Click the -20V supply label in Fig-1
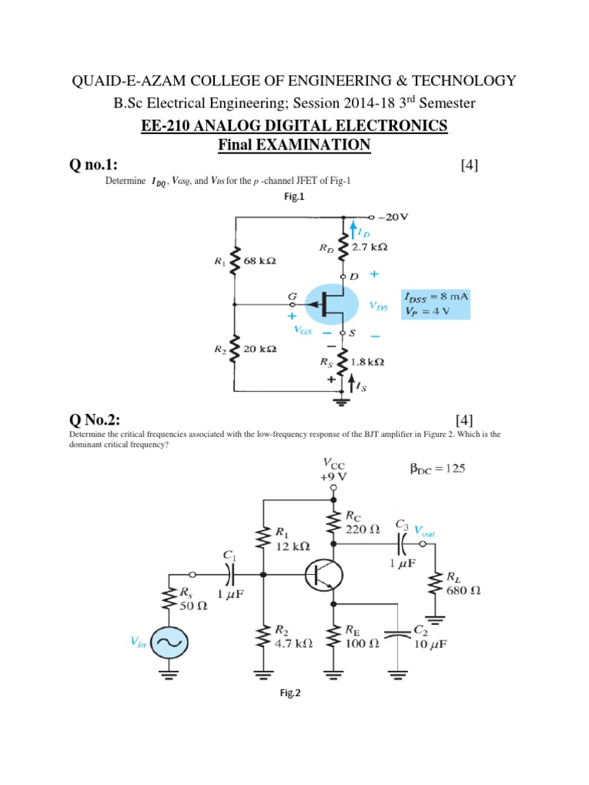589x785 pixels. click(x=397, y=216)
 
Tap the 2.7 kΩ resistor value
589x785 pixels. click(x=370, y=247)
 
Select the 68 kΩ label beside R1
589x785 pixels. click(x=259, y=261)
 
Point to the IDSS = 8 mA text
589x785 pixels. click(x=434, y=296)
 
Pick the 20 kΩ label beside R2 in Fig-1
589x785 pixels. click(x=258, y=349)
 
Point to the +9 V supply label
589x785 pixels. click(x=332, y=475)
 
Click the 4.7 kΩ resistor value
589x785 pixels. click(x=293, y=644)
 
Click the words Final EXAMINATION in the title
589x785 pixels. click(x=294, y=144)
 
